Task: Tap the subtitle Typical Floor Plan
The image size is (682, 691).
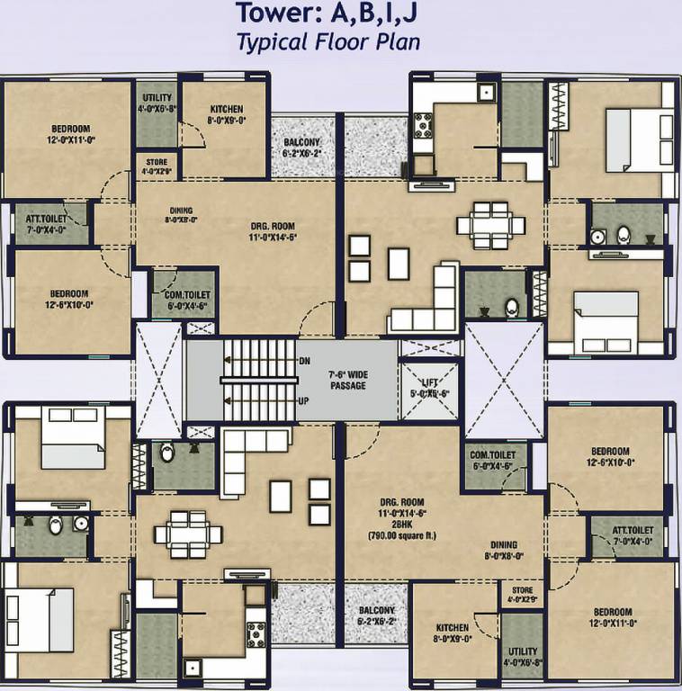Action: tap(328, 41)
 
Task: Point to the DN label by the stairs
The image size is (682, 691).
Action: tap(304, 360)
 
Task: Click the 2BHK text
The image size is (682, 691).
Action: tap(402, 525)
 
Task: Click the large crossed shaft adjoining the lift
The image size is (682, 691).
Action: tap(505, 371)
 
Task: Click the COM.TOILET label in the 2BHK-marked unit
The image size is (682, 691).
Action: tap(491, 461)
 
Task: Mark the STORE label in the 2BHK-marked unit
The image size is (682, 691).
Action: tap(522, 595)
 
